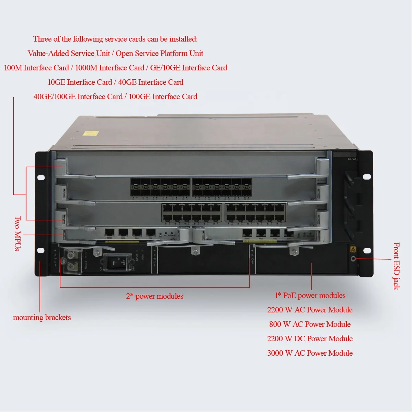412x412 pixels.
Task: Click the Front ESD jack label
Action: click(x=396, y=266)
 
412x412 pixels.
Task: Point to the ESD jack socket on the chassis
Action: click(x=353, y=259)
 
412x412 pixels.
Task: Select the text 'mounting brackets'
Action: click(x=42, y=318)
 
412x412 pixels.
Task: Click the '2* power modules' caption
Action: click(x=154, y=296)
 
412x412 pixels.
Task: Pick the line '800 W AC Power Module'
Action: click(x=310, y=324)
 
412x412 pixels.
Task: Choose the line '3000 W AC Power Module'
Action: click(x=310, y=353)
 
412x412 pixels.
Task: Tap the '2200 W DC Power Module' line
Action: click(x=310, y=339)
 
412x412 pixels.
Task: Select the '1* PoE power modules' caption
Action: click(x=310, y=295)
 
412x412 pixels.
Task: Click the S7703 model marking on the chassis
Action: click(x=352, y=159)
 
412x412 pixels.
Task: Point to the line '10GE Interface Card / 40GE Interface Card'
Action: click(x=115, y=82)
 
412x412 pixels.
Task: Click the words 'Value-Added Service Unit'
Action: click(x=69, y=53)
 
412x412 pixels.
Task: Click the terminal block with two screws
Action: click(x=72, y=261)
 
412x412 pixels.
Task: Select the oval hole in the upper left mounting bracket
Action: click(x=41, y=178)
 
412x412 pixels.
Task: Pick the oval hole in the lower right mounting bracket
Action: click(x=367, y=250)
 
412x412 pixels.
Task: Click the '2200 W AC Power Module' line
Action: click(x=310, y=310)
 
